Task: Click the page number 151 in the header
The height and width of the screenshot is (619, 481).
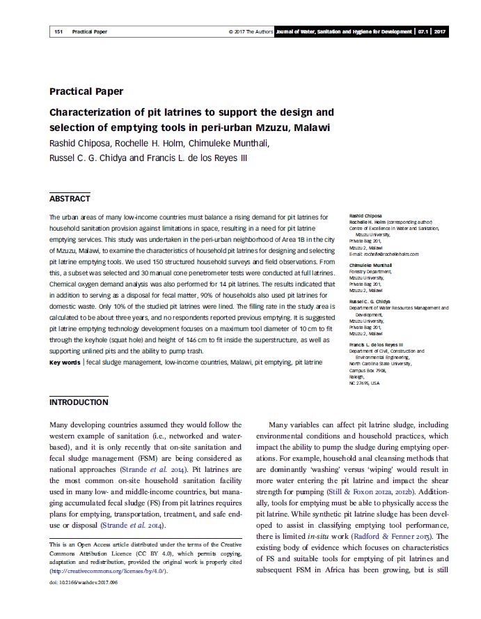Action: [x=58, y=32]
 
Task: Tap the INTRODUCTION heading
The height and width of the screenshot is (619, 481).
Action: [x=79, y=402]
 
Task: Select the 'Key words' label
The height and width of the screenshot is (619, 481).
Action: [x=65, y=362]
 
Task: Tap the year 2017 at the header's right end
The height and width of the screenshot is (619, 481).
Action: [x=439, y=32]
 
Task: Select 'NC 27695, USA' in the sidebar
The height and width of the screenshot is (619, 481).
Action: [x=365, y=383]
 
